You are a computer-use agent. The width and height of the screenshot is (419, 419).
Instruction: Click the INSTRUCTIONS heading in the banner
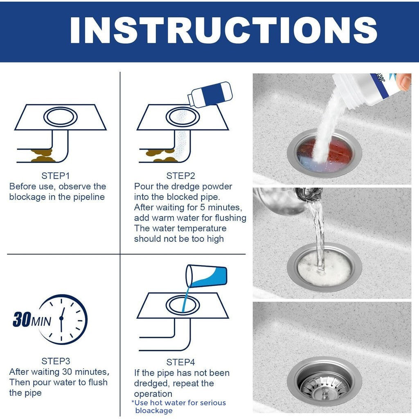[223, 30]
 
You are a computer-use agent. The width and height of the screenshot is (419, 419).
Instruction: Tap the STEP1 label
[56, 176]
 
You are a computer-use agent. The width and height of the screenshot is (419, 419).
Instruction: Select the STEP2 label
[180, 176]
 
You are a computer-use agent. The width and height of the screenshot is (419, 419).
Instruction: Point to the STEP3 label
[56, 361]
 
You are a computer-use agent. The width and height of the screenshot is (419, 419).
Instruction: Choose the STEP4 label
[180, 363]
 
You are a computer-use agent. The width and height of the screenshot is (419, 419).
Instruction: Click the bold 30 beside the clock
[22, 319]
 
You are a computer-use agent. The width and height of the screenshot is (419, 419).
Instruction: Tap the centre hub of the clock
[61, 318]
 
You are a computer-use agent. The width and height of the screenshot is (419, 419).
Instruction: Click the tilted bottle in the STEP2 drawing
[210, 95]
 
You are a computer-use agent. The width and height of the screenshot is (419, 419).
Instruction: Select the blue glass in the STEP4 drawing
[206, 276]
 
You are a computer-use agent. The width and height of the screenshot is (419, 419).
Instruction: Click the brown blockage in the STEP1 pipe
[43, 156]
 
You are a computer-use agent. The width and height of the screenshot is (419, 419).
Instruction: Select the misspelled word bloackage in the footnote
[154, 411]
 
